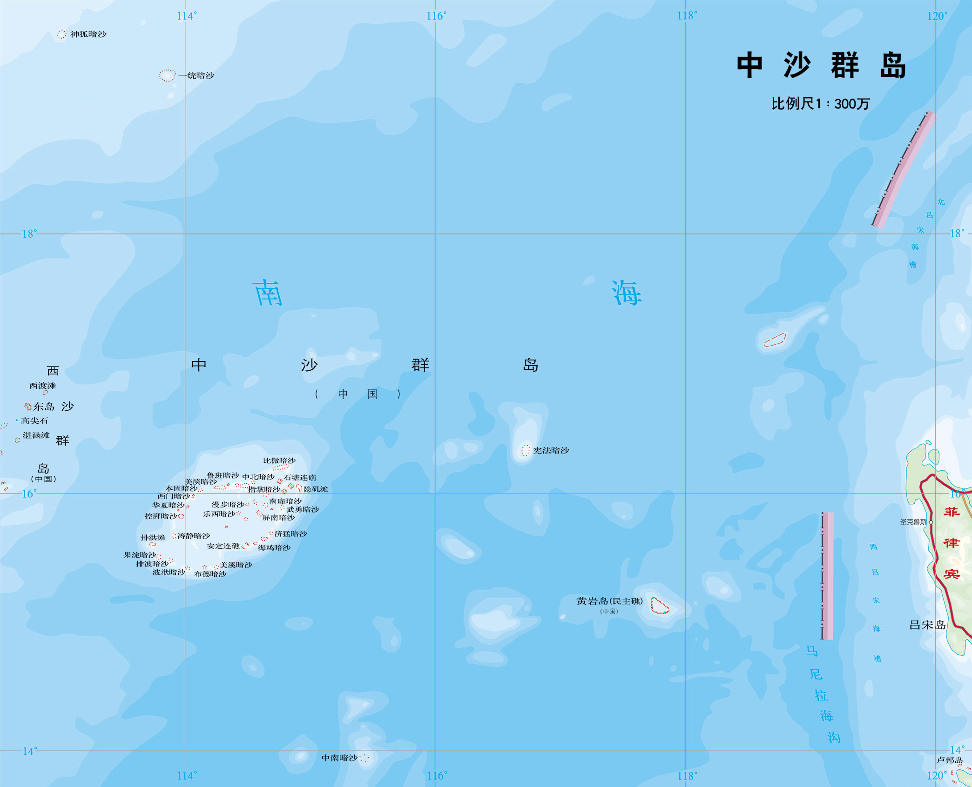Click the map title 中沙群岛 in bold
coord(821,66)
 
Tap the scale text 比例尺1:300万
coord(820,103)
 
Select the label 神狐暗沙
coord(88,34)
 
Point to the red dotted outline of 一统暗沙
coord(167,75)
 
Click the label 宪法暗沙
coord(551,450)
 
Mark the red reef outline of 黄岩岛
coord(659,606)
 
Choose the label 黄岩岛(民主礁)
coord(609,601)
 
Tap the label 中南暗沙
coord(340,758)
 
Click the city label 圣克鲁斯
coord(913,522)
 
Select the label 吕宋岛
coord(927,625)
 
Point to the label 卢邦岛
coord(949,760)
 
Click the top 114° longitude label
coord(187,16)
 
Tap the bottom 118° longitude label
coord(687,776)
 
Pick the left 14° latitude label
coord(29,751)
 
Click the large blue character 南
coord(268,293)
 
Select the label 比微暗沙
coord(279,460)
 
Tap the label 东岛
coord(44,407)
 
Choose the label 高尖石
coord(34,420)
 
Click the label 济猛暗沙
coord(290,534)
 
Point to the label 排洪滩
coord(153,537)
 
